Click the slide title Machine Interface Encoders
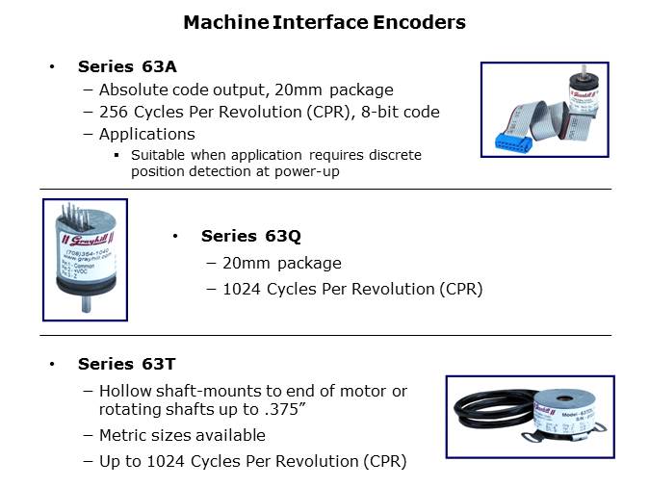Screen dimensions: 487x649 324,21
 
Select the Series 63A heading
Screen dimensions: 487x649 126,66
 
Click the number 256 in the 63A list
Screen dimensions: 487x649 114,112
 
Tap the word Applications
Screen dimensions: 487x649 146,134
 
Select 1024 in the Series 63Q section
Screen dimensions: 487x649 245,289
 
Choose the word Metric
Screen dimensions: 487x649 124,435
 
